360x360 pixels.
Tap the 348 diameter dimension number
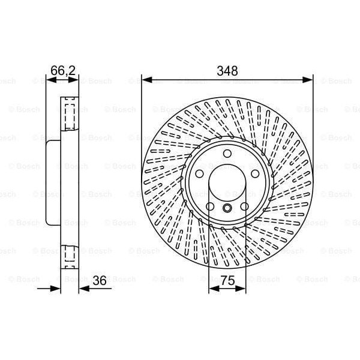(x=227, y=71)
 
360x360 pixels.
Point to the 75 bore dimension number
(x=227, y=280)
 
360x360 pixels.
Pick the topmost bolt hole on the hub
(x=227, y=154)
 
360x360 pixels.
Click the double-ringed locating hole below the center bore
(x=227, y=208)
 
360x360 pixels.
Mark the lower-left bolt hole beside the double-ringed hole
(x=210, y=208)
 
